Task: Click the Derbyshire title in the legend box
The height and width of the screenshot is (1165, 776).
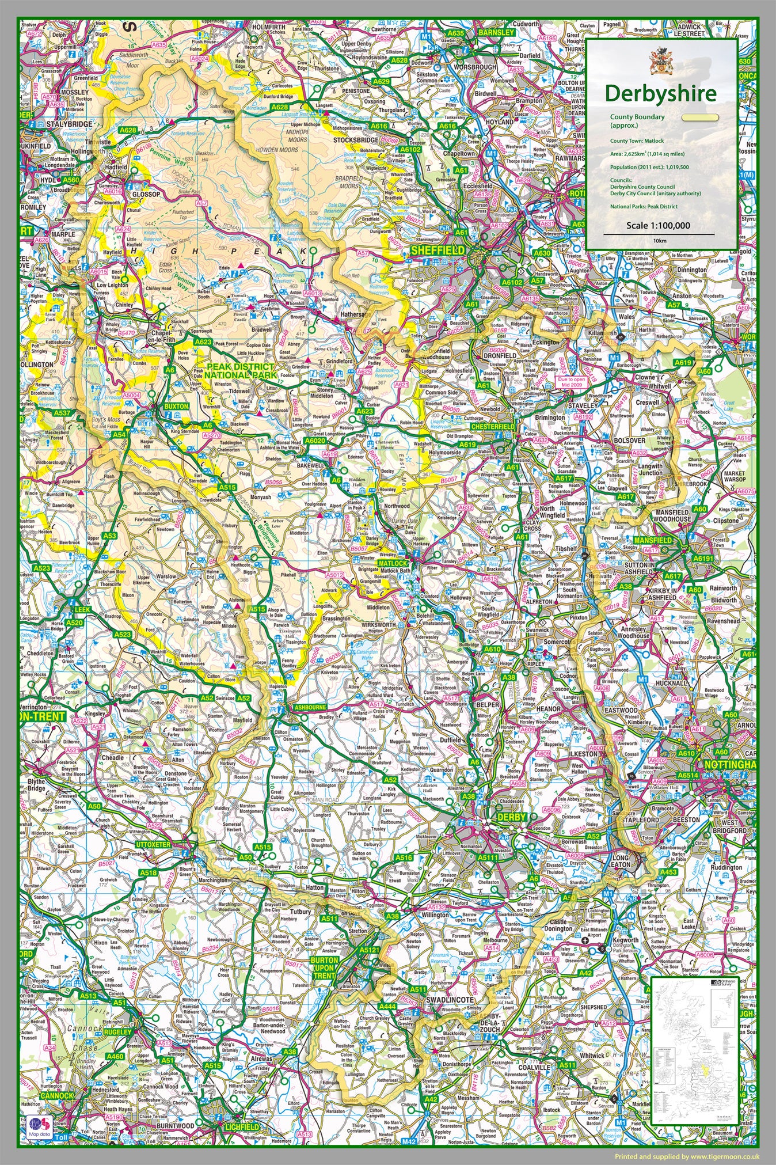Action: pos(660,93)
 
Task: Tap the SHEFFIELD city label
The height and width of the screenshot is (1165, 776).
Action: pos(437,251)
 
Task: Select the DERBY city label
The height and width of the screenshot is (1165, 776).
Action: pos(512,817)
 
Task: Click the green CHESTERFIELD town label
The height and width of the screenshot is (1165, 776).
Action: pos(492,427)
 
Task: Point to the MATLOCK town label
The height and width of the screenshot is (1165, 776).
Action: pos(394,563)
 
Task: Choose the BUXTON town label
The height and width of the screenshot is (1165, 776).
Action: pos(176,406)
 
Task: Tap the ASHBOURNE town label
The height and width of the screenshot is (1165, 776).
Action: pos(310,707)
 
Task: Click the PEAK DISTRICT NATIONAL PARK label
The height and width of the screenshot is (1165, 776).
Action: pos(242,371)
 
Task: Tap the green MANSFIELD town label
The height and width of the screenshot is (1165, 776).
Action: pos(653,541)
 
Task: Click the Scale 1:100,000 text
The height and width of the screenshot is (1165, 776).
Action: pos(658,226)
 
